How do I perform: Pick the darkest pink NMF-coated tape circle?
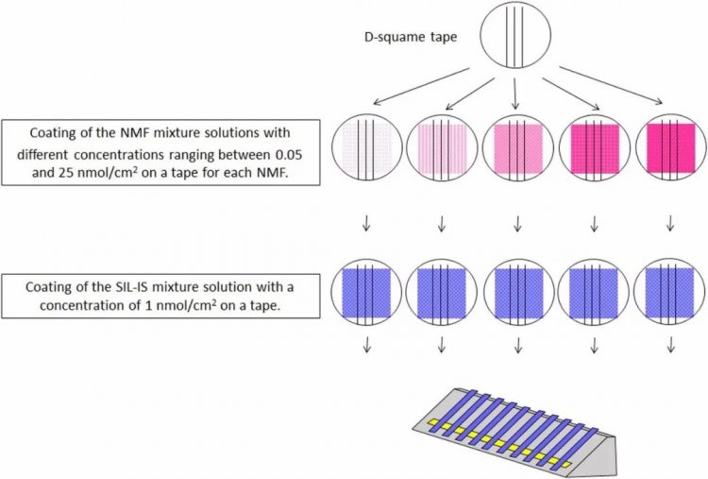tap(670, 150)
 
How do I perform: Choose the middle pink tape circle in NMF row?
tap(517, 150)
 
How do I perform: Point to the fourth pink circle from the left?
tap(594, 150)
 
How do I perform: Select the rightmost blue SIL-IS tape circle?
tap(670, 294)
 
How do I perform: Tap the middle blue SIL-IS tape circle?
tap(517, 294)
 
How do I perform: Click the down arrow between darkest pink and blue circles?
tap(670, 224)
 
